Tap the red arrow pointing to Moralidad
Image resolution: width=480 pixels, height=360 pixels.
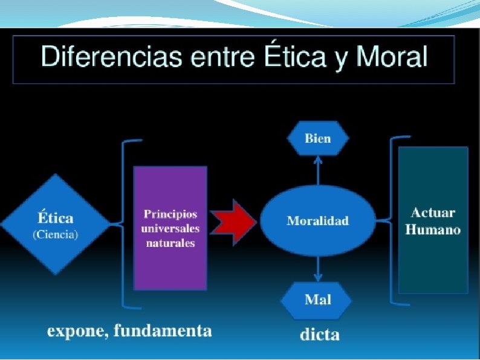click(x=234, y=221)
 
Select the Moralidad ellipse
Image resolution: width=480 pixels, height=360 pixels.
click(x=317, y=221)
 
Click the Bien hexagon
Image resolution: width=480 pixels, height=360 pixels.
click(x=318, y=139)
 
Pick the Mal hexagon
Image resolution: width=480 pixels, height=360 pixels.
click(x=318, y=299)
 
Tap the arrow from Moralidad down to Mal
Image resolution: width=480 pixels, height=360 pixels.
click(x=318, y=267)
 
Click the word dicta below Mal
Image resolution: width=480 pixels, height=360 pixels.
click(x=320, y=335)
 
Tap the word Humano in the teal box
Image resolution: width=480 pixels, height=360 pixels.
click(x=433, y=230)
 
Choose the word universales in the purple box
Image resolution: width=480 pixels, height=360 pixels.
click(x=170, y=229)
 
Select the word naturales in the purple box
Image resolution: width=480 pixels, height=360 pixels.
click(x=170, y=243)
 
